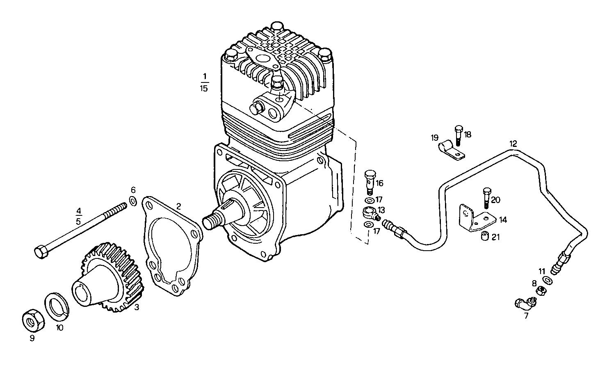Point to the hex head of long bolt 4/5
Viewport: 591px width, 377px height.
coord(41,251)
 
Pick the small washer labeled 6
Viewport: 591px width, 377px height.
coord(133,201)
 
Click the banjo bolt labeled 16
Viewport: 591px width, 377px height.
coord(370,181)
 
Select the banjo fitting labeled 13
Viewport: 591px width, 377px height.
coord(369,212)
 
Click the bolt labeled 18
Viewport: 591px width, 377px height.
coord(458,135)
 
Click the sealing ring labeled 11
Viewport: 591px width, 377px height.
coord(547,280)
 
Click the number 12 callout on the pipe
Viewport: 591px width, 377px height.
coord(513,144)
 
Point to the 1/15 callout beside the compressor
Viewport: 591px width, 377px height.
coord(204,82)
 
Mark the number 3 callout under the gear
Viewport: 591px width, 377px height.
coord(137,307)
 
